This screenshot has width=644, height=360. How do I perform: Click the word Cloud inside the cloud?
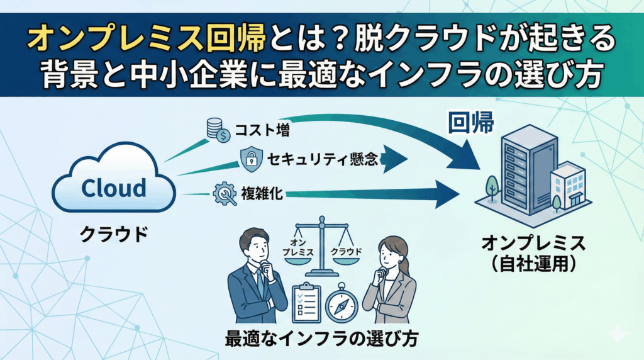tap(114, 188)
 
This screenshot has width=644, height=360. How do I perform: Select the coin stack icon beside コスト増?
tap(218, 131)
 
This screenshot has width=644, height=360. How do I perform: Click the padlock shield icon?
tap(250, 159)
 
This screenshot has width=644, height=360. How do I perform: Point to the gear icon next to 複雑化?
tap(225, 193)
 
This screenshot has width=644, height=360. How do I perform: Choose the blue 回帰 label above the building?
tap(471, 123)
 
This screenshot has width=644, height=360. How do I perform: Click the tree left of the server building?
tap(492, 186)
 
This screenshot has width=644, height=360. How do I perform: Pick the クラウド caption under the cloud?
tap(113, 234)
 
